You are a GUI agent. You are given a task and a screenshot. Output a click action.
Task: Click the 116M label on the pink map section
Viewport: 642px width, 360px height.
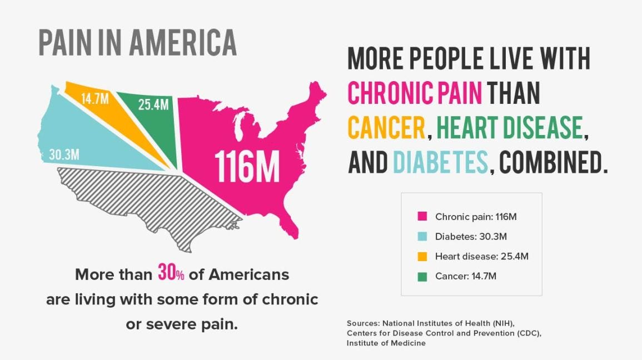point(247,166)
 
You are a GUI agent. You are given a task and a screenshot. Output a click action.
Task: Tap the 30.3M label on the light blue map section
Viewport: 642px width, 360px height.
point(64,155)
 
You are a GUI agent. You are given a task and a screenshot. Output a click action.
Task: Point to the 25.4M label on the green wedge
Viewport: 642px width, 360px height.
point(153,104)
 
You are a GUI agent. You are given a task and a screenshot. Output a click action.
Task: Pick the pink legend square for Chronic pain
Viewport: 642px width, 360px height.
point(422,217)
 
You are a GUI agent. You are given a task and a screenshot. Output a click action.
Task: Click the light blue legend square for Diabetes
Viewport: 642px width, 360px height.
point(422,237)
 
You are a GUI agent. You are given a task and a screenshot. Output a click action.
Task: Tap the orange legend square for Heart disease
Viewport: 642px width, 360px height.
point(422,256)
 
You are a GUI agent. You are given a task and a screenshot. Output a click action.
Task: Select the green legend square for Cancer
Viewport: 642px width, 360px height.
point(422,276)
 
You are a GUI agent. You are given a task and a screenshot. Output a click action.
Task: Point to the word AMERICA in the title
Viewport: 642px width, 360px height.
point(184,42)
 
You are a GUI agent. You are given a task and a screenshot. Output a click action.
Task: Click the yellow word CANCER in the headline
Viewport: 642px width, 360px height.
point(386,128)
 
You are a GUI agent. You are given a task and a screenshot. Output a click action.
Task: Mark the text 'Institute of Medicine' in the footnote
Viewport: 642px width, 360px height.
point(386,343)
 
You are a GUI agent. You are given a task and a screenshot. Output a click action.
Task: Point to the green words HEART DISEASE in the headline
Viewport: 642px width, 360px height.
point(509,128)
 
